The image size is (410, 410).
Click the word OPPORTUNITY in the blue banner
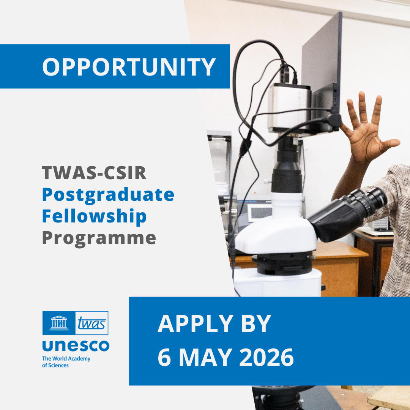pyautogui.click(x=129, y=67)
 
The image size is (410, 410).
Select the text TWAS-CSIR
pyautogui.click(x=94, y=173)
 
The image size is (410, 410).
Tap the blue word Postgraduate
pyautogui.click(x=108, y=195)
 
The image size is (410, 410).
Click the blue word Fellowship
pyautogui.click(x=94, y=216)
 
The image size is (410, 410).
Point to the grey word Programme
pyautogui.click(x=99, y=238)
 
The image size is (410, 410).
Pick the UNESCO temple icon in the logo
pyautogui.click(x=59, y=323)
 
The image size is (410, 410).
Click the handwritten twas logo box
pyautogui.click(x=92, y=323)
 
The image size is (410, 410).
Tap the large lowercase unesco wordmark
pyautogui.click(x=76, y=345)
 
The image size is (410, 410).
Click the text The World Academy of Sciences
pyautogui.click(x=66, y=362)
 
